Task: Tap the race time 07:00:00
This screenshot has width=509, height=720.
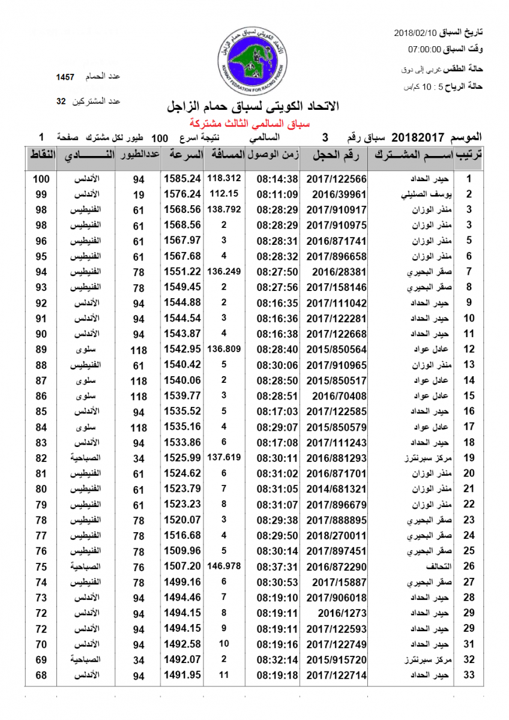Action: (425, 50)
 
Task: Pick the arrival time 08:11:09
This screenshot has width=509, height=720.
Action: (277, 194)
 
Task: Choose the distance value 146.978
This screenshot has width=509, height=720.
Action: (224, 566)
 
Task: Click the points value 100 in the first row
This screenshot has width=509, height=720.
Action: (41, 179)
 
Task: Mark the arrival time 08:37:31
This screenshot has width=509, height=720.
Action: (277, 566)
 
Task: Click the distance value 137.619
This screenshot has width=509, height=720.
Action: (224, 457)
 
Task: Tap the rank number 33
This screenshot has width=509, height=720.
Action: (469, 676)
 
